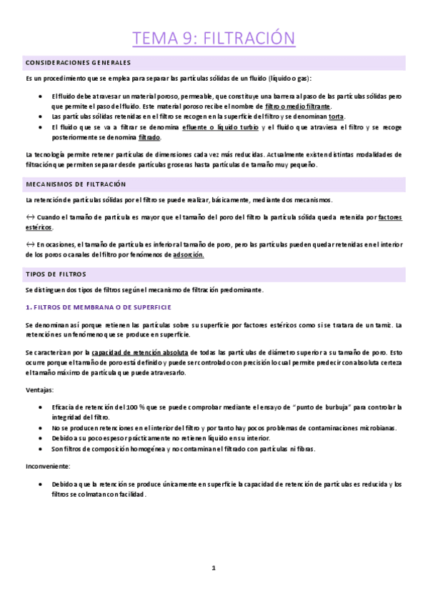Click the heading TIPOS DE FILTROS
click(55, 274)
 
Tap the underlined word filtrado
click(149, 137)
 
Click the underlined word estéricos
click(39, 227)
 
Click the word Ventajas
click(39, 390)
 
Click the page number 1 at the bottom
click(213, 568)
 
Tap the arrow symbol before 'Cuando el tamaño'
click(30, 217)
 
